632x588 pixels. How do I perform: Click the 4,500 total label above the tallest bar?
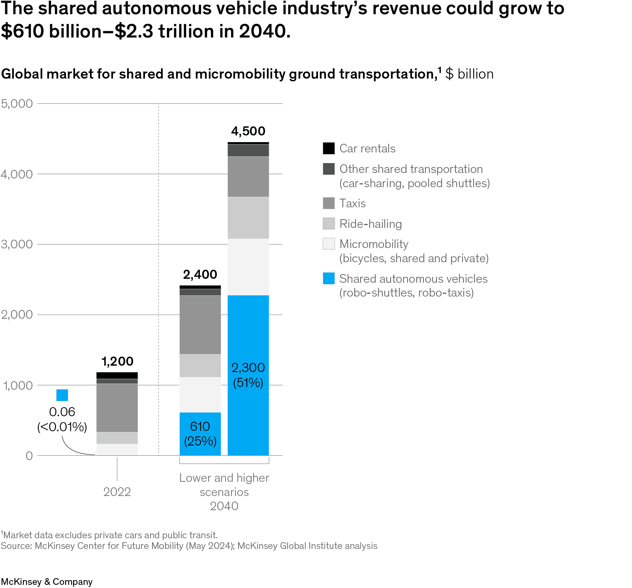[x=248, y=131]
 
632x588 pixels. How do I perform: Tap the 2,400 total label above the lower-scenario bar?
[x=200, y=274]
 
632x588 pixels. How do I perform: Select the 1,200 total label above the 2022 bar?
[x=117, y=361]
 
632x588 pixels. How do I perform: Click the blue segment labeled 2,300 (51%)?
[x=248, y=375]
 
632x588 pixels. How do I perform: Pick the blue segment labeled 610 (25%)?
[x=200, y=434]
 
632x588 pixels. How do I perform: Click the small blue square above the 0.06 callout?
[x=62, y=395]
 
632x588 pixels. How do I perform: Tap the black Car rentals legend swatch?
[x=329, y=148]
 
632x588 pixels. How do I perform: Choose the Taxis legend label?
[x=352, y=203]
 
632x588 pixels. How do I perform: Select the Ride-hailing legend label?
[x=371, y=224]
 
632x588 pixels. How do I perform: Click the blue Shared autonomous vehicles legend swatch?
[x=329, y=278]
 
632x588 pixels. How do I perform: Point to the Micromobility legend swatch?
[x=329, y=244]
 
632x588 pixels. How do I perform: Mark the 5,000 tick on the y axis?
[x=17, y=103]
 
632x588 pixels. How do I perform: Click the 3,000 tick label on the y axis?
[x=17, y=244]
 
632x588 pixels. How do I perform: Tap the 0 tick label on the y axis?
[x=29, y=456]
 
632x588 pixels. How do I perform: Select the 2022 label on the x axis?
[x=117, y=492]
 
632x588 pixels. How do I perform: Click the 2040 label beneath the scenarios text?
[x=224, y=506]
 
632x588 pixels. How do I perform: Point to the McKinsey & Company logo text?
[x=47, y=582]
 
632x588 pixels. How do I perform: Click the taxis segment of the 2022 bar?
[x=117, y=408]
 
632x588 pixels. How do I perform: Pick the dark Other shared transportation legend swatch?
[x=329, y=169]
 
